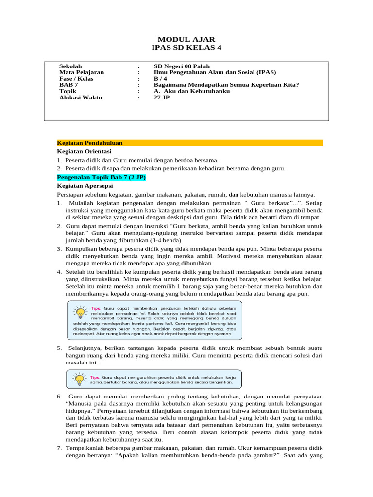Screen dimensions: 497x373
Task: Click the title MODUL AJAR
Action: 186,39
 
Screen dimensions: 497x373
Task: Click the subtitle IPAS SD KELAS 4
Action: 186,47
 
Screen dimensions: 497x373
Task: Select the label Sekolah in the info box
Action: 70,66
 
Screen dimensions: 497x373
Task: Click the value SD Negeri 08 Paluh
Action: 182,66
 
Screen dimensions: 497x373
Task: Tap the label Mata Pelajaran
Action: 81,72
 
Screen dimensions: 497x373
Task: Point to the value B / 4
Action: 160,79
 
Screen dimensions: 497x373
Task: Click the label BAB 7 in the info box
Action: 68,85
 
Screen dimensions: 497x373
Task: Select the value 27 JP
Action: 161,98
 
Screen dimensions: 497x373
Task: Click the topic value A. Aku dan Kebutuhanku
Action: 191,91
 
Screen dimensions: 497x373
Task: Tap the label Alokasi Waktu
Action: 80,98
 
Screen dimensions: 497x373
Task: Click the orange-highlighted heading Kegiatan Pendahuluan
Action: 90,143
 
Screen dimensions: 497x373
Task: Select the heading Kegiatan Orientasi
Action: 84,151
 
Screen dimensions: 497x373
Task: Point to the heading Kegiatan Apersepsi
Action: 85,185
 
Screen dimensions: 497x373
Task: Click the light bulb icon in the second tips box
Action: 79,378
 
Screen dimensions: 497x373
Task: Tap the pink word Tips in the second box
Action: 95,376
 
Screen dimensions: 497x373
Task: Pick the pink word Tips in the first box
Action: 95,308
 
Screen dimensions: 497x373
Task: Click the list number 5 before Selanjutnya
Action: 59,348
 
